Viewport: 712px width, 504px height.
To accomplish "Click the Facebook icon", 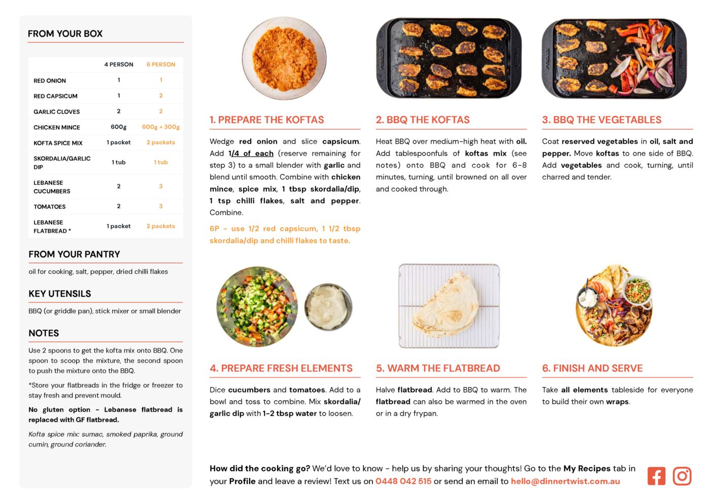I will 656,476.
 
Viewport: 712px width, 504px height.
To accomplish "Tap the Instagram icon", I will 682,476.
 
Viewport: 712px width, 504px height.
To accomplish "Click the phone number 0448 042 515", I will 403,481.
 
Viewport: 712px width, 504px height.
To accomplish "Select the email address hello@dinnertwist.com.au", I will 565,481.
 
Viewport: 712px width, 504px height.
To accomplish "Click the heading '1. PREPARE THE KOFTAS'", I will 266,120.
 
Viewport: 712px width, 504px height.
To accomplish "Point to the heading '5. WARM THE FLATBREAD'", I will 437,368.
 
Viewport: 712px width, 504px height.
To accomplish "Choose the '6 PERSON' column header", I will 161,65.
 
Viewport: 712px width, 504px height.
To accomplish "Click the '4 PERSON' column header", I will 119,65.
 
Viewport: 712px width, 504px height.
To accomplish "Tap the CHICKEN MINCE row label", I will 57,128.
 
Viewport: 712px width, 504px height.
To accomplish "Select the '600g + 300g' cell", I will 161,127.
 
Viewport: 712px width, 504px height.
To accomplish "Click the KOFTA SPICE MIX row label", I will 58,143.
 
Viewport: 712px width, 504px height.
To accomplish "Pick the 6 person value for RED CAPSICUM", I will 161,96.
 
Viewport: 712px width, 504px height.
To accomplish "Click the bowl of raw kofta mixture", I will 284,58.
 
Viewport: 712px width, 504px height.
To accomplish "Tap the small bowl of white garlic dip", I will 328,306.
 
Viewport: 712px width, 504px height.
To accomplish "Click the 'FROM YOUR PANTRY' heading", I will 74,255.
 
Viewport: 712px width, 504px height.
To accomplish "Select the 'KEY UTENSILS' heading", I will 60,294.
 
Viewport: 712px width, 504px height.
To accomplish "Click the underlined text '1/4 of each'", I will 251,153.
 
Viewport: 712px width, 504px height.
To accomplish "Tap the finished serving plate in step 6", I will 614,306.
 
